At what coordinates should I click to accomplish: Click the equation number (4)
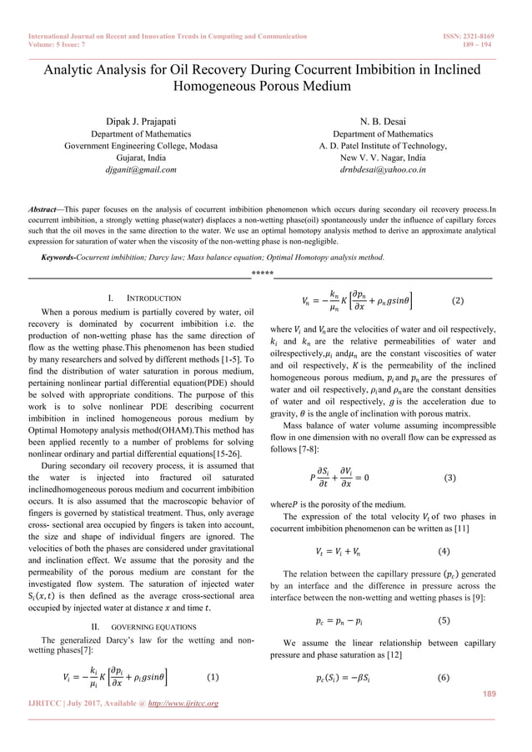447,551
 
